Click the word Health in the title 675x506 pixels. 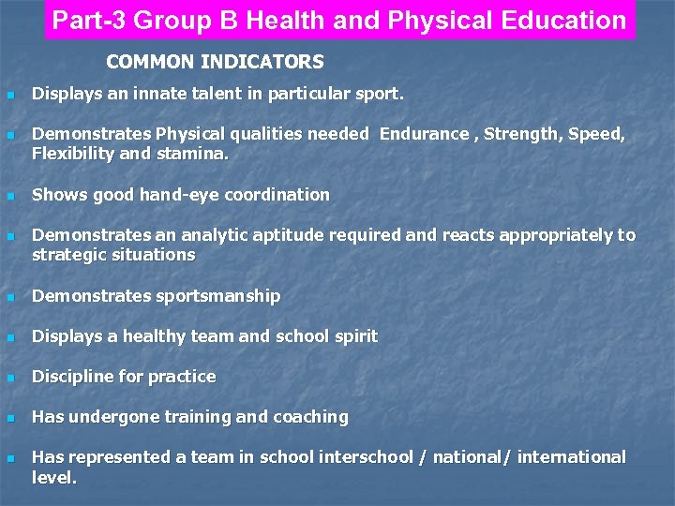click(319, 21)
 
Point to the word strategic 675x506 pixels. click(67, 255)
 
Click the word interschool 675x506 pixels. click(365, 457)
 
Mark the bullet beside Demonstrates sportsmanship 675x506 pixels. click(10, 297)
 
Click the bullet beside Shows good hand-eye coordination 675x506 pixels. click(10, 196)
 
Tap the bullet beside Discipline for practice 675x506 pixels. click(10, 378)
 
